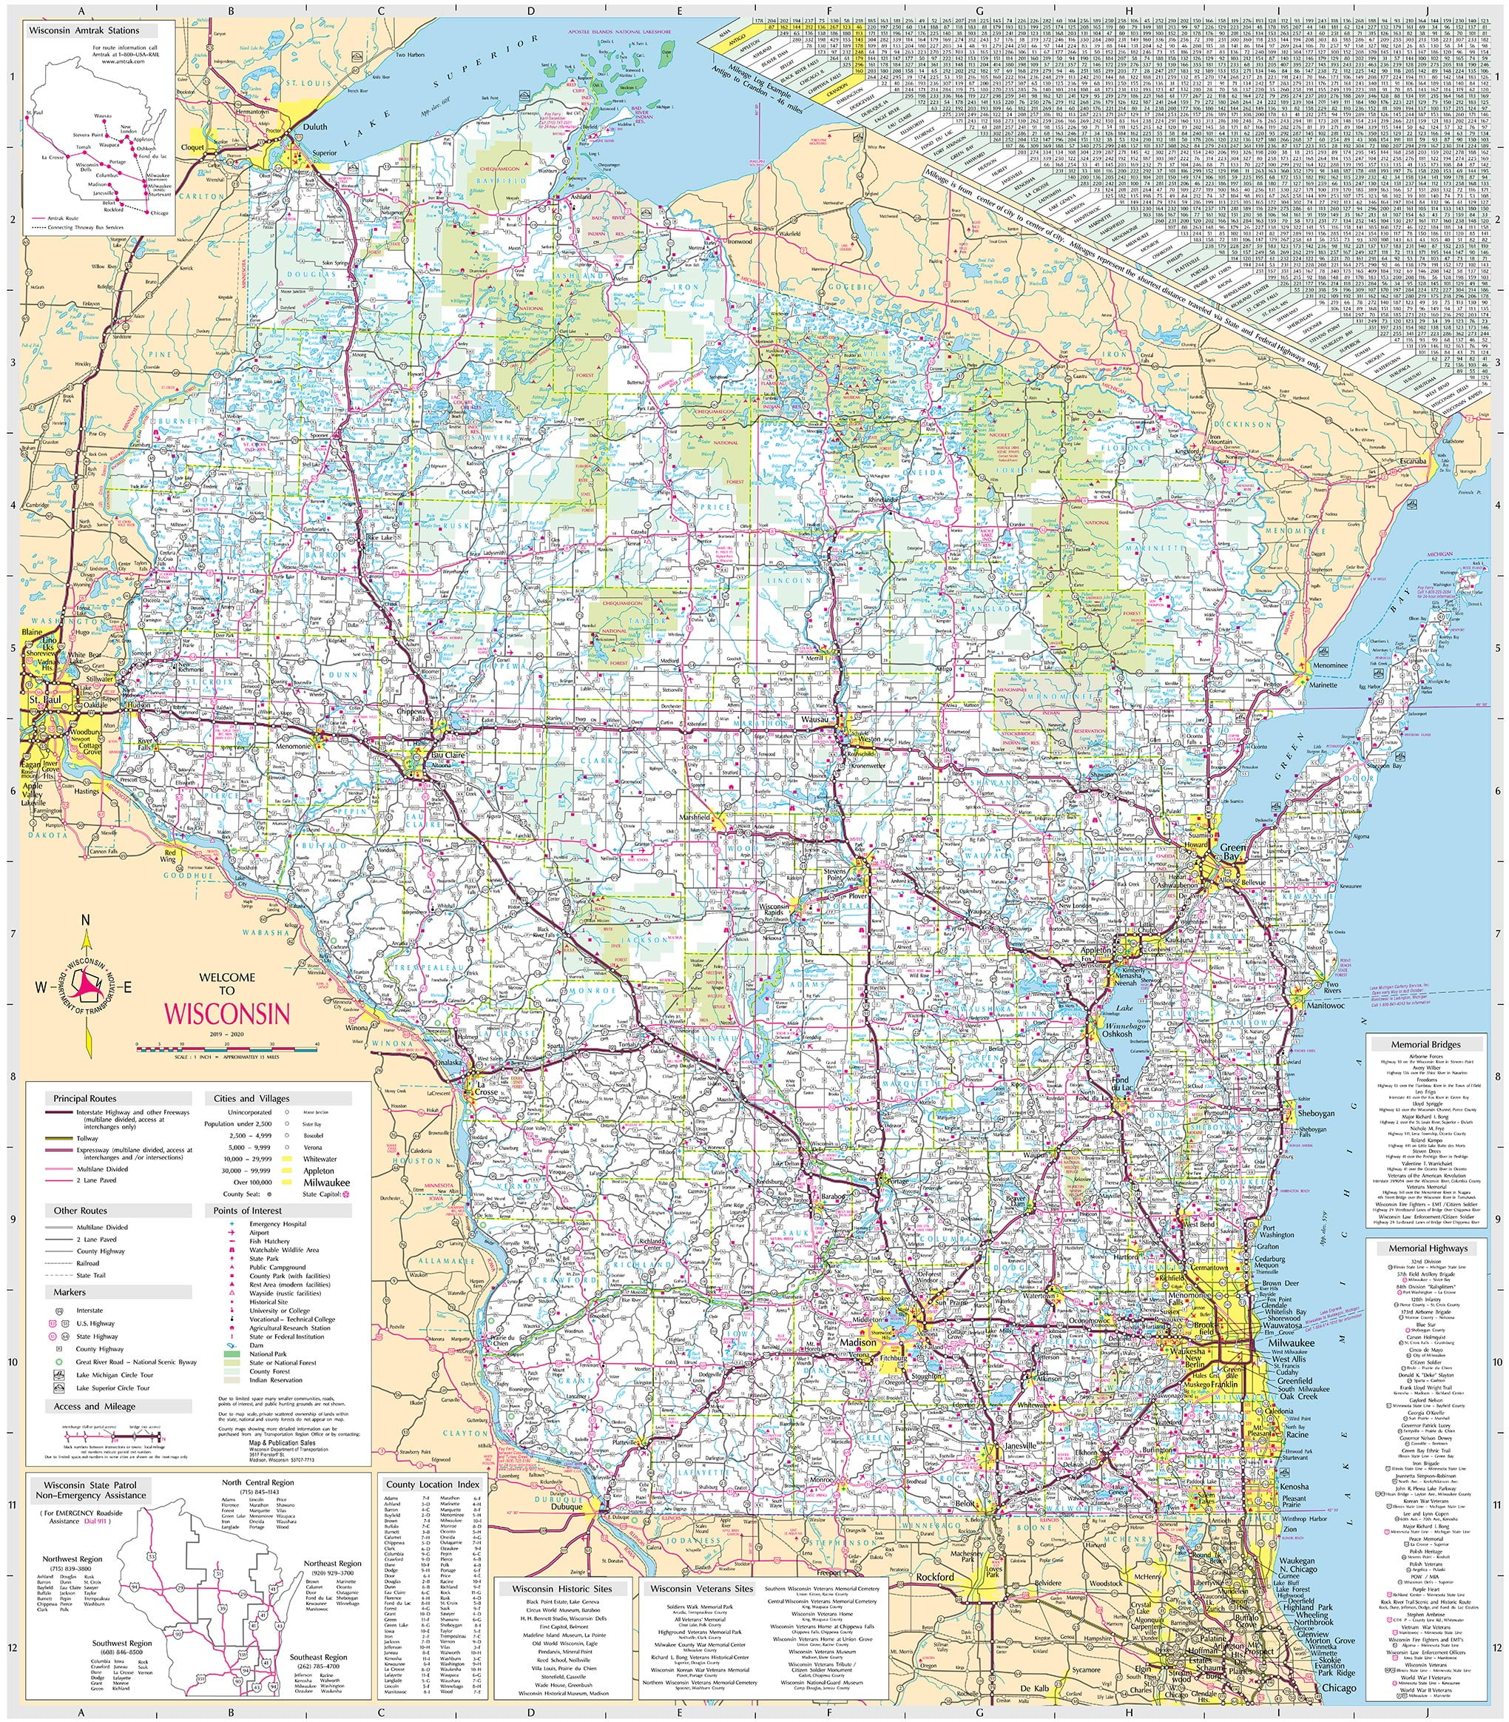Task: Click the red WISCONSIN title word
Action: (x=226, y=1012)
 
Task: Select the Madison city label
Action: (x=858, y=1342)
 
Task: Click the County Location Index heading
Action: (x=433, y=1484)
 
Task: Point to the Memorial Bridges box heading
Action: (x=1428, y=1045)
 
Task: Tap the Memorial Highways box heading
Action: (x=1428, y=1248)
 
